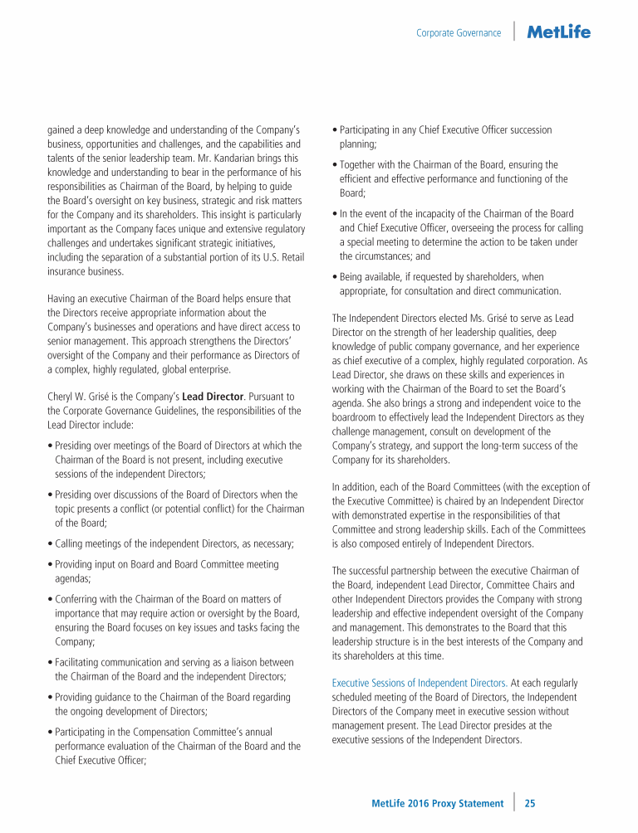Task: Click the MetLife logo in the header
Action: coord(558,32)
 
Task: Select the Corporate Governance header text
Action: coord(459,33)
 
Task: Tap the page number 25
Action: coord(530,803)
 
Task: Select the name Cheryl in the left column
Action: coord(62,397)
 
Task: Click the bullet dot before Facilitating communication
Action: coord(50,662)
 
